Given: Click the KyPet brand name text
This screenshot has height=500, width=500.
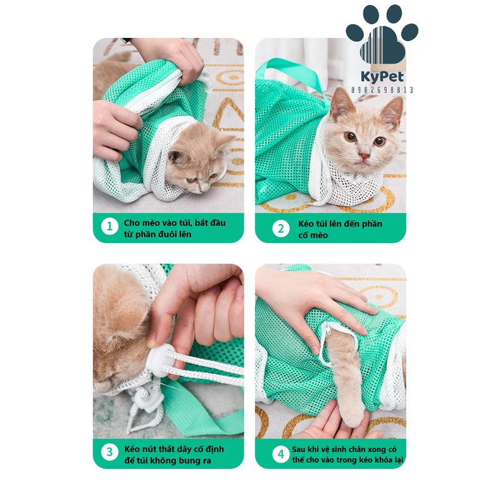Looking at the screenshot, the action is [x=382, y=77].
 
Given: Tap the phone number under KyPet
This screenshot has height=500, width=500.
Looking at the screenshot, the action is [x=382, y=90].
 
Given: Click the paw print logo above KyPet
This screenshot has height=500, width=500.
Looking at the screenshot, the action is [x=382, y=34].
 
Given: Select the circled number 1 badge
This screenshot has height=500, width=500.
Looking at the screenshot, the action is [x=109, y=227].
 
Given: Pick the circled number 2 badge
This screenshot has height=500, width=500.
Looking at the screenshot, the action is [x=281, y=228].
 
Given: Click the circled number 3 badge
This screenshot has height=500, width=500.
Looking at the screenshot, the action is [x=109, y=452].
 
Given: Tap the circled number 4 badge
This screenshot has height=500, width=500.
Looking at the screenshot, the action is [x=281, y=454].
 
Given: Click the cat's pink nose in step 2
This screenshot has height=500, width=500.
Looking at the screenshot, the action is [x=363, y=156].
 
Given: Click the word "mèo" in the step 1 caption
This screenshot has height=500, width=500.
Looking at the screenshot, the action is [x=151, y=223].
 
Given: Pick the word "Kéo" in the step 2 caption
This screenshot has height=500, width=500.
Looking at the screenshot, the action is [x=306, y=223].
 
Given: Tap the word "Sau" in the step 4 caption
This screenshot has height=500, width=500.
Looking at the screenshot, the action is [x=298, y=449].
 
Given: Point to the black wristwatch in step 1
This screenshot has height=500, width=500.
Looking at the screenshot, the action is [x=126, y=40].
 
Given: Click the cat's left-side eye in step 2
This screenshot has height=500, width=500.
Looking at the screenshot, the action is [x=350, y=137].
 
